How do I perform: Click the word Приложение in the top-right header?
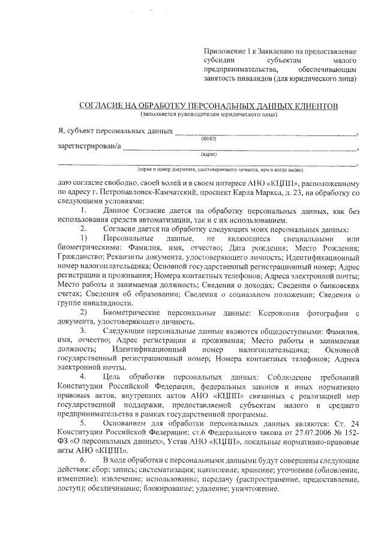[x=224, y=52]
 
